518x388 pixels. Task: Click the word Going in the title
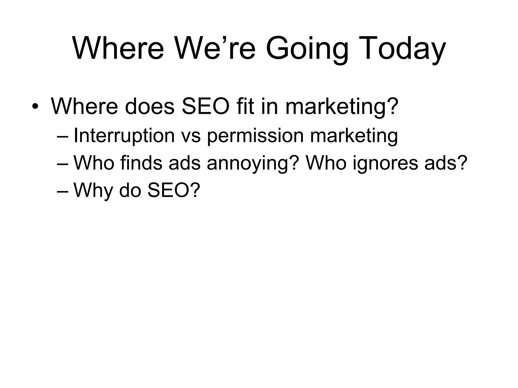coord(307,48)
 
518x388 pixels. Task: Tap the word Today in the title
coord(411,48)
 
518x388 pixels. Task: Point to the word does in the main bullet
coord(149,106)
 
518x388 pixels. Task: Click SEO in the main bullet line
coord(205,106)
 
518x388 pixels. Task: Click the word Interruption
coord(124,136)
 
